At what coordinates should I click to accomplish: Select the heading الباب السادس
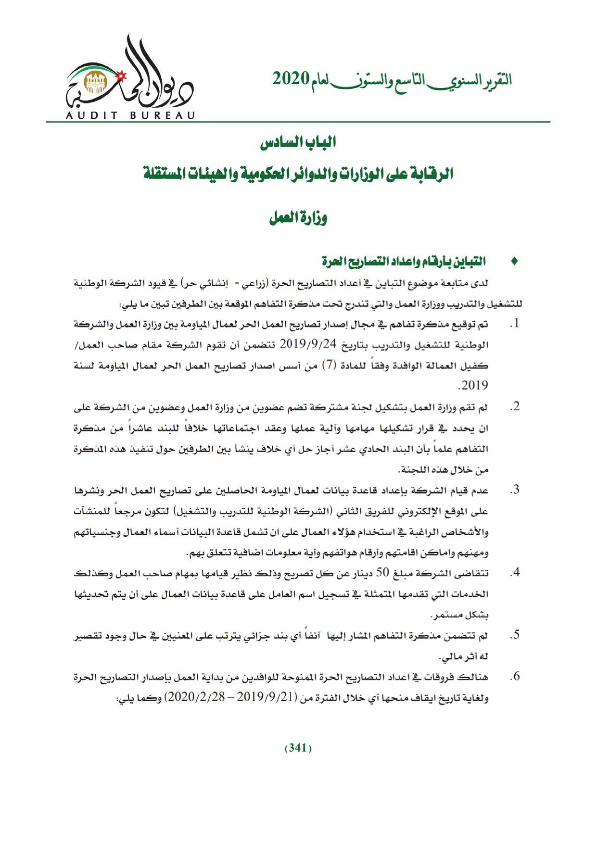point(298,143)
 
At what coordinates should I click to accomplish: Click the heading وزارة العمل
point(298,219)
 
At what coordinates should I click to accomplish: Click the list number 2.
point(514,407)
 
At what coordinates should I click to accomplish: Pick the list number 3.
point(514,490)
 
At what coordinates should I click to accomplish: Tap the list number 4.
point(514,573)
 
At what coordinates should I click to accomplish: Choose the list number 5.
point(514,635)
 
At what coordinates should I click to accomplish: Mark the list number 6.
point(514,677)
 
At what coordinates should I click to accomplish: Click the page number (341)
point(298,748)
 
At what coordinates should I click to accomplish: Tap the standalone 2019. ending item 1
point(473,386)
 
